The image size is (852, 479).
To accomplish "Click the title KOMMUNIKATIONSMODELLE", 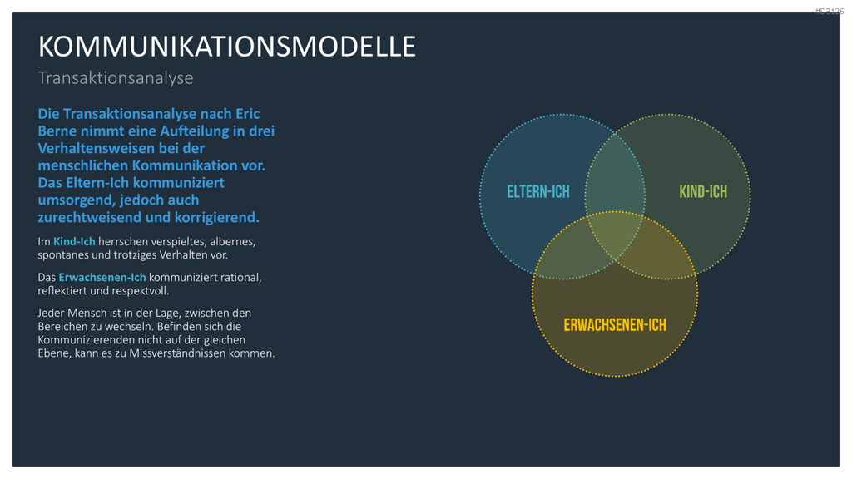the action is [x=226, y=47].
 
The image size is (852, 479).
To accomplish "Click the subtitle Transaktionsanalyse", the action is [x=115, y=78].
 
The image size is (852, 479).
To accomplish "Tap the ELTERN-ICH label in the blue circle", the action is [x=538, y=192].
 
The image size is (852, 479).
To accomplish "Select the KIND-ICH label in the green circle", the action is [x=703, y=192].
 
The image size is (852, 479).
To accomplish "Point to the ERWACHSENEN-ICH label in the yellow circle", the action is [x=615, y=325].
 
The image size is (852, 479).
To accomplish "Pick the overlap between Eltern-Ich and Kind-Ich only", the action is [x=615, y=173].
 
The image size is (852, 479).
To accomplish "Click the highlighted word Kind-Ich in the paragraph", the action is [x=74, y=241].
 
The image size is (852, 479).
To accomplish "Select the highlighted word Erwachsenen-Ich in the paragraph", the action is [x=102, y=277].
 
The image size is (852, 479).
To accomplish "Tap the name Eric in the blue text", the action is [x=247, y=114].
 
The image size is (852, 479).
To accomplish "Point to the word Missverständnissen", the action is [x=183, y=353].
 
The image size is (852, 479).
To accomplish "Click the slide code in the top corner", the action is [x=830, y=11].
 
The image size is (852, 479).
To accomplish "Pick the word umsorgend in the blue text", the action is [x=76, y=200].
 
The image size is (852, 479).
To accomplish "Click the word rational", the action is [x=241, y=277].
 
